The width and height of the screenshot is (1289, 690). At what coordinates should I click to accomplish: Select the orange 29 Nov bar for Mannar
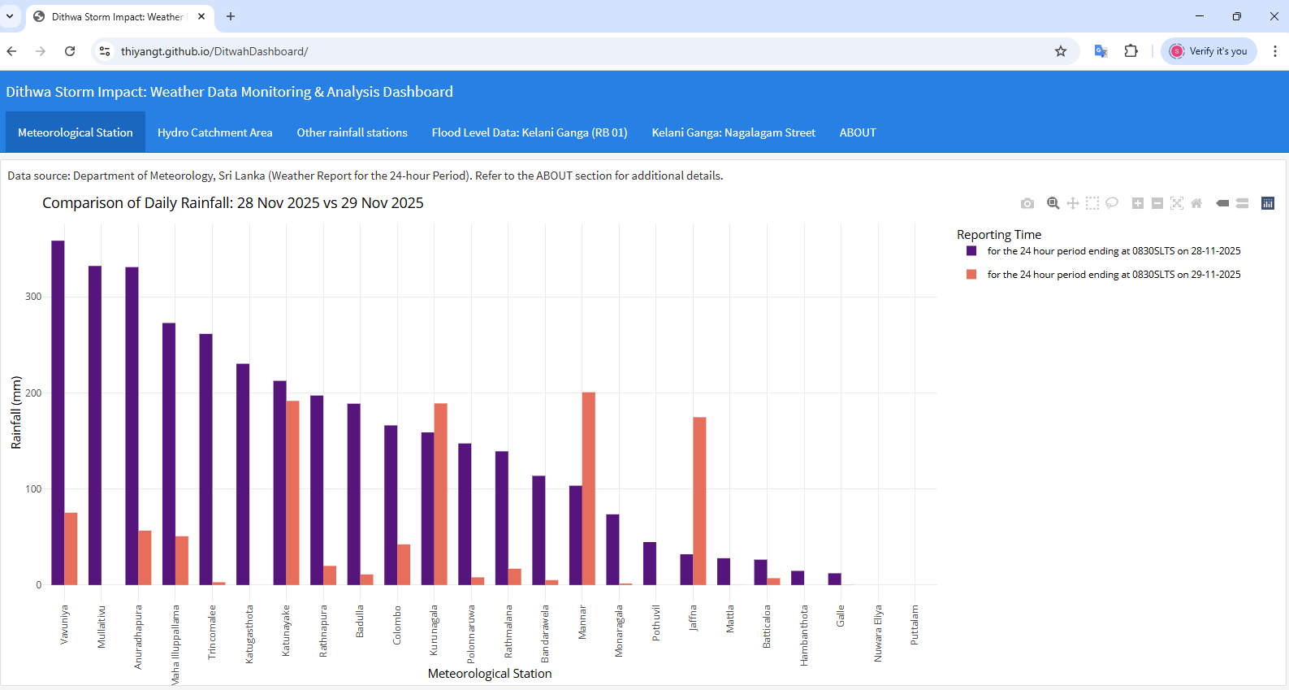tap(589, 488)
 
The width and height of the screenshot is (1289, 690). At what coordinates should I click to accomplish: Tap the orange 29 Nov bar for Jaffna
tap(699, 501)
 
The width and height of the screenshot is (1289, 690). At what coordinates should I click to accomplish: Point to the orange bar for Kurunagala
tap(441, 493)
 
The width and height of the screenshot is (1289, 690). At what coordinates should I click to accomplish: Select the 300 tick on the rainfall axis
tap(33, 297)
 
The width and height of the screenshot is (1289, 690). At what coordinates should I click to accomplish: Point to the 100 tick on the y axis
tap(33, 489)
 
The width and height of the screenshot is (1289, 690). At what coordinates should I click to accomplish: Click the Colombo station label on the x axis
tap(397, 625)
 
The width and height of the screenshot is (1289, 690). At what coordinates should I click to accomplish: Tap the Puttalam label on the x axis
tap(915, 625)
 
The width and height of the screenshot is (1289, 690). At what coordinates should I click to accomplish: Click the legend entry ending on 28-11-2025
tap(1113, 251)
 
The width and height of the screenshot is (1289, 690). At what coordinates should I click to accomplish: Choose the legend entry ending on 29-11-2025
tap(1113, 275)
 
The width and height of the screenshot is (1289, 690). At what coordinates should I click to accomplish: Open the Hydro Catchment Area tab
tap(214, 132)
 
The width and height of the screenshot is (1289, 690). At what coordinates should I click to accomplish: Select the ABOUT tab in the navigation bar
tap(858, 132)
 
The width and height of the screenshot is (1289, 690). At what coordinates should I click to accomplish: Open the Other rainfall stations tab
tap(352, 132)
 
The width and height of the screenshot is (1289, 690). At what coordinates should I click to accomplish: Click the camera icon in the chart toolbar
tap(1027, 203)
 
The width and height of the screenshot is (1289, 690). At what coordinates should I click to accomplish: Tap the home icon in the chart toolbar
tap(1196, 203)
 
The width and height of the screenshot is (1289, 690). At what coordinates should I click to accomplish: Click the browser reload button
tap(70, 51)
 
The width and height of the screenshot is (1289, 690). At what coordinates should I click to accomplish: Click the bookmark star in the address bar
tap(1061, 51)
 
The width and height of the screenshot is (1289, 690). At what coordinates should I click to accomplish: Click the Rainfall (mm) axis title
tap(16, 412)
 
